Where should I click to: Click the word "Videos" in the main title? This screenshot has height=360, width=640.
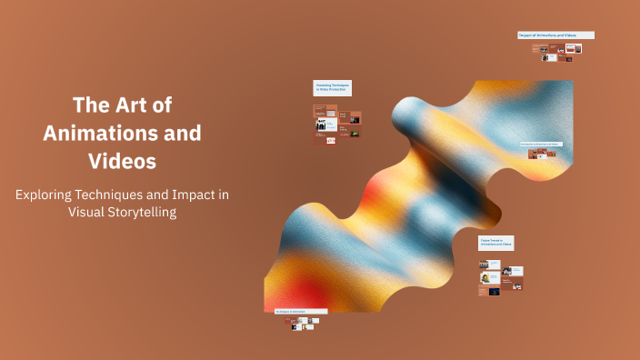pyautogui.click(x=122, y=162)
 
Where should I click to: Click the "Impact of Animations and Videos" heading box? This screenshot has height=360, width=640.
pyautogui.click(x=555, y=35)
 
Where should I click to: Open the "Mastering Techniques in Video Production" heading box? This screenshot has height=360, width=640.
pyautogui.click(x=332, y=88)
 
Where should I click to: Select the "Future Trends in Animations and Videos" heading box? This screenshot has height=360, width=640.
pyautogui.click(x=496, y=243)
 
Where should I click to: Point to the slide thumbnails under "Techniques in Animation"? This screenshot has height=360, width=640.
pyautogui.click(x=302, y=323)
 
